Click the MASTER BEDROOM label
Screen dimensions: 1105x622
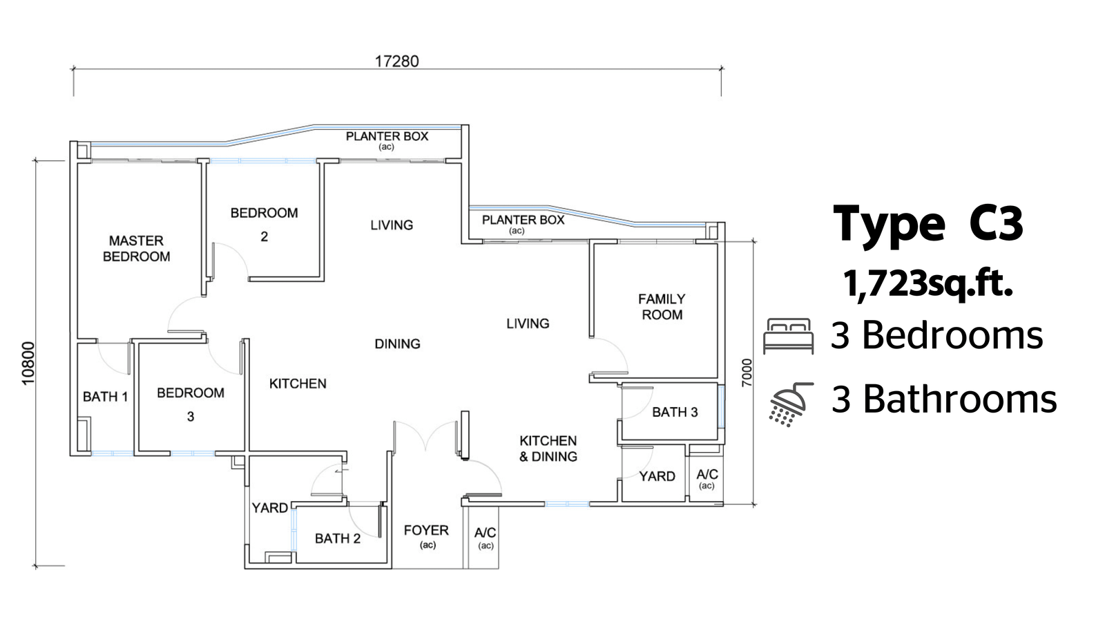tap(137, 248)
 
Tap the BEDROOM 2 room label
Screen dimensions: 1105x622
tap(265, 225)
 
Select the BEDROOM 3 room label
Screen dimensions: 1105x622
tap(191, 404)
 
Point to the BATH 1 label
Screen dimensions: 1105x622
tap(105, 397)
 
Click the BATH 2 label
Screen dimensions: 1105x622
tap(338, 538)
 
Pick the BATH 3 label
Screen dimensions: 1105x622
tap(675, 412)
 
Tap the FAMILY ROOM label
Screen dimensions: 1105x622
tap(662, 307)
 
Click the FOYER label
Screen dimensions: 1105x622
tap(426, 530)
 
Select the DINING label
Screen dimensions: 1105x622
tap(398, 343)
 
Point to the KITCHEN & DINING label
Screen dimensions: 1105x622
tap(548, 449)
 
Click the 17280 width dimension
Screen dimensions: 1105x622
tap(396, 62)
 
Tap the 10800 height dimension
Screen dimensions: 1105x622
tap(28, 364)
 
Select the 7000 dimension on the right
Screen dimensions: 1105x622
tap(747, 373)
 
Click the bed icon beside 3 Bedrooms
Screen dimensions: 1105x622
tap(788, 336)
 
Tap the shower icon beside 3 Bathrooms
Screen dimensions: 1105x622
tap(791, 404)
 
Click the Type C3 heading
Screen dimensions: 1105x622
tap(928, 224)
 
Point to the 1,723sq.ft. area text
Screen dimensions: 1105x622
tap(928, 284)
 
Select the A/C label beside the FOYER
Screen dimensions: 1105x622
tap(486, 533)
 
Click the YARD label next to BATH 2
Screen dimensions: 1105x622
tap(269, 507)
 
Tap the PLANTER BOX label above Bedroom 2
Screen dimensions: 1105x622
tap(387, 135)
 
